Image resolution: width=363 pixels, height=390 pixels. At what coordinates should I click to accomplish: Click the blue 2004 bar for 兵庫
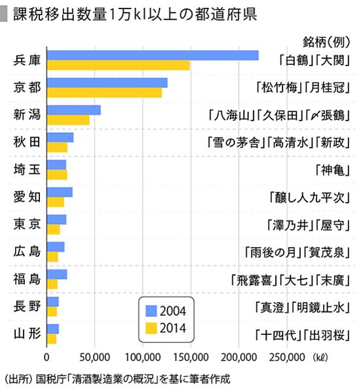coord(153,55)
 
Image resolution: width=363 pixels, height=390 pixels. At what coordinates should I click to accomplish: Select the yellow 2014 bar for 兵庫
coord(118,65)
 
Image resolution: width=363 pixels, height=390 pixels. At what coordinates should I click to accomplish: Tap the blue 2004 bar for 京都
coord(107,83)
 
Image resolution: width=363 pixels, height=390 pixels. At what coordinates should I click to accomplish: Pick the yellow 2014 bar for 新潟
coord(68,120)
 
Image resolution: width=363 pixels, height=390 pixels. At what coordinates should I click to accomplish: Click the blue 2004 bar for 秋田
coord(60,137)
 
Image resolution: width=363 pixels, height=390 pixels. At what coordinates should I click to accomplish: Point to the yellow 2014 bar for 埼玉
coord(56,174)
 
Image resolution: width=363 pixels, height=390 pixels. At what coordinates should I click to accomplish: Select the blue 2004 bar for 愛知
coord(59,192)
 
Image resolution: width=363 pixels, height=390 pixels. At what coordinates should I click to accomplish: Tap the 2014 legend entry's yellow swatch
coord(152,326)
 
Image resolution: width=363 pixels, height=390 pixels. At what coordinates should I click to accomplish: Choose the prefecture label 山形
coord(27,334)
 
